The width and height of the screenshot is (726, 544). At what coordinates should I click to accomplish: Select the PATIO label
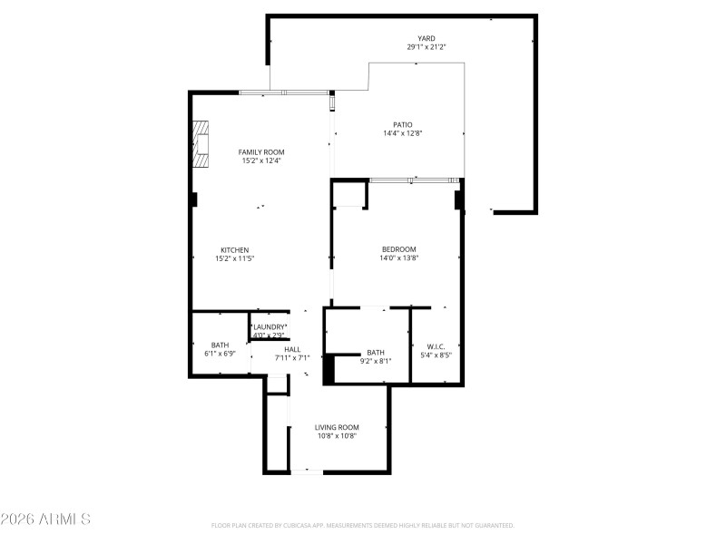(402, 124)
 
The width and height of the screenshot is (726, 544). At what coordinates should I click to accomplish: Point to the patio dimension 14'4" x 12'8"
(402, 133)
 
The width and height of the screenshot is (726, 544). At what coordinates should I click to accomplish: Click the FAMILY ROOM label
(261, 152)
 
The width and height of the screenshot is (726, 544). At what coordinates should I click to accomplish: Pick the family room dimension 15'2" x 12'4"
(261, 161)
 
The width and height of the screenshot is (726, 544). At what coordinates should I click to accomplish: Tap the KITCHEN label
(234, 250)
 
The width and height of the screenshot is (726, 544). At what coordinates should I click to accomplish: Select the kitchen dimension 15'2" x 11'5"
(234, 259)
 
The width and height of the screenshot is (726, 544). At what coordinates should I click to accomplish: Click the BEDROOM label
(398, 249)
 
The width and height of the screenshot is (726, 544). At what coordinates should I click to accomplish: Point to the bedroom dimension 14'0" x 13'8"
(398, 258)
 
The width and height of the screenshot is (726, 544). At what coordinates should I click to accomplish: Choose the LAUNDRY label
(269, 326)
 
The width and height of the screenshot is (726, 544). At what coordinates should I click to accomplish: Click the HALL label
(292, 349)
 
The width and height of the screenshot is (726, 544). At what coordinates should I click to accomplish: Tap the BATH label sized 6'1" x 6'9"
(220, 345)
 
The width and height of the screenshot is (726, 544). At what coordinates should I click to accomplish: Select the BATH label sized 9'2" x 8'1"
(376, 353)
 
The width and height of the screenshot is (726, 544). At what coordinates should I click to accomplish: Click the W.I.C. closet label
(436, 345)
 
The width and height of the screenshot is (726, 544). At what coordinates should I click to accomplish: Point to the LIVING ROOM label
(337, 427)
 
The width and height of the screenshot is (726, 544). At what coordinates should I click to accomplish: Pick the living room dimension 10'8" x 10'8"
(337, 436)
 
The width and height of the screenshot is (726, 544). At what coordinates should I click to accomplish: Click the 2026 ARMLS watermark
(45, 520)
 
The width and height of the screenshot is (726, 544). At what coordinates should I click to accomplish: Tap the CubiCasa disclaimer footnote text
(363, 525)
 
